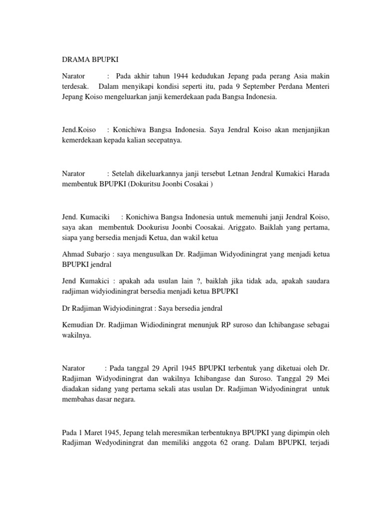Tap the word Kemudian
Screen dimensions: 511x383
tap(78, 325)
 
